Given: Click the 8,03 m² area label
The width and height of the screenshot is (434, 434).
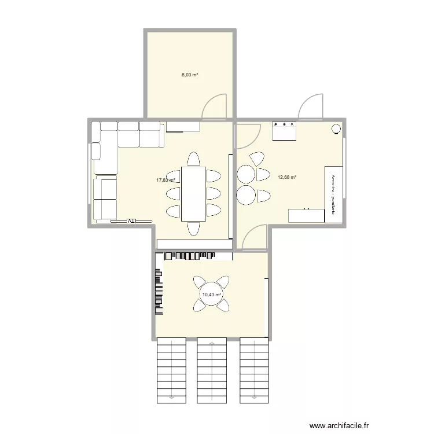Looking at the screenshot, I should coord(190,75).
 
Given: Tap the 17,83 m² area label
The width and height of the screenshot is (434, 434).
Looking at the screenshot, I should coord(165,180).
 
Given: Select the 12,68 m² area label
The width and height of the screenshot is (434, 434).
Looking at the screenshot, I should coord(287,177).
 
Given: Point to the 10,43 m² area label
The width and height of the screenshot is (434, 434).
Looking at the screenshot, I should coord(211,295).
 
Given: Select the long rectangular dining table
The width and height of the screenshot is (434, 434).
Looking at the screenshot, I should coord(193,194).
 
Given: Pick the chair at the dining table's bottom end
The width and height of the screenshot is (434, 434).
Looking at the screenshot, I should coord(193,229).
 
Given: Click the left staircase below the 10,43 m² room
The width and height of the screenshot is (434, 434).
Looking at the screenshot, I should coord(171,370).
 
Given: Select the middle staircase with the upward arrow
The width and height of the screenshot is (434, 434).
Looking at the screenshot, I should coord(213,370).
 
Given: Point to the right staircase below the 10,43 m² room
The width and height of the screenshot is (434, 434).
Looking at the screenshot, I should coord(255,370).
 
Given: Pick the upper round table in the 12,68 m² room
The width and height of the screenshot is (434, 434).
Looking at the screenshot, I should coord(247,174).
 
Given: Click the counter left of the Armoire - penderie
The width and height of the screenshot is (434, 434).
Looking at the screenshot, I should coord(306,215).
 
